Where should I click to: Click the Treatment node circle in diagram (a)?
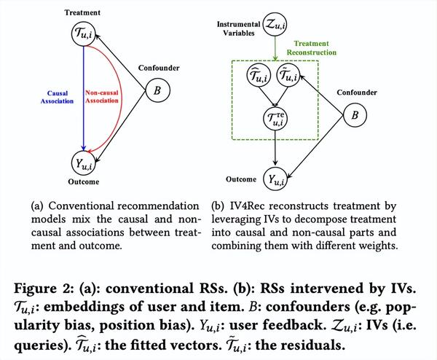[83, 34]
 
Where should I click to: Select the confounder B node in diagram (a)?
[157, 90]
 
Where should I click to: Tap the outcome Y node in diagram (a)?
[83, 163]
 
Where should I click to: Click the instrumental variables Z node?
[275, 25]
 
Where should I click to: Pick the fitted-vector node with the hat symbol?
[259, 75]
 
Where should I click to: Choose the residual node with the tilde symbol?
[288, 75]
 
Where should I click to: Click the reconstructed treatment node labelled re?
[275, 118]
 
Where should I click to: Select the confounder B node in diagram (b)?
[355, 115]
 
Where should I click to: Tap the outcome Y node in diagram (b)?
[275, 179]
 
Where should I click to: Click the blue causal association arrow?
[83, 98]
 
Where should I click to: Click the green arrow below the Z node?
[275, 49]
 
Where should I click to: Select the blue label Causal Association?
[57, 97]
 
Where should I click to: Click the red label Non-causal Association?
[102, 96]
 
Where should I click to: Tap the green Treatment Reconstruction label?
[312, 48]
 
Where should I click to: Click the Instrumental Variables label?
[239, 28]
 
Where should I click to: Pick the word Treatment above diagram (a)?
[82, 12]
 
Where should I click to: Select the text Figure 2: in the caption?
[44, 289]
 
